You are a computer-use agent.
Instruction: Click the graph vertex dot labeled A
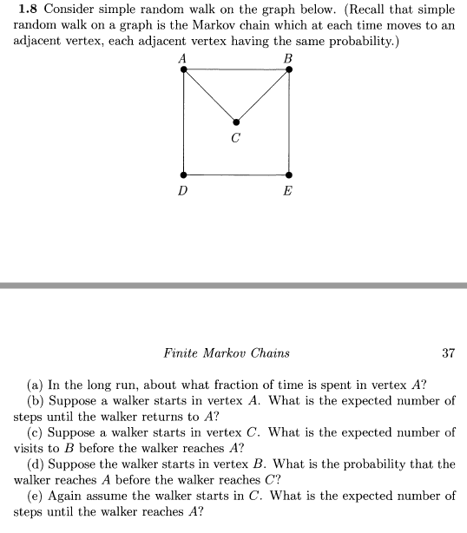183,70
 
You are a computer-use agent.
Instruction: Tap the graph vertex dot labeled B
288,70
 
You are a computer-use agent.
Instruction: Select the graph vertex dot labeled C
236,122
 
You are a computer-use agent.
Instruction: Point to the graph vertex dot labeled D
183,174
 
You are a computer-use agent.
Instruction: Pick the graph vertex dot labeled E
288,174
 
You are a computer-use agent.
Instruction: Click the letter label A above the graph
183,57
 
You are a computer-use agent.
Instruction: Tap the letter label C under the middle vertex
235,138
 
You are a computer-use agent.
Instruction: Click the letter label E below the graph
288,190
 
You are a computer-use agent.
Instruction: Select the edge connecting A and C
209,96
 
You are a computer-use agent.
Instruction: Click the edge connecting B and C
262,96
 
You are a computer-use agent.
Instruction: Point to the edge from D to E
235,174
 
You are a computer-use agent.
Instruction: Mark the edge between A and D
183,122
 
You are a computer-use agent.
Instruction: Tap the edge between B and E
288,122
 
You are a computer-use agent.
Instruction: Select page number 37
448,353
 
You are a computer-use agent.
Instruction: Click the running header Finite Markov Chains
226,353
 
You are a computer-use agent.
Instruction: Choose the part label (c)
38,431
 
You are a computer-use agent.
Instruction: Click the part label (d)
38,464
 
